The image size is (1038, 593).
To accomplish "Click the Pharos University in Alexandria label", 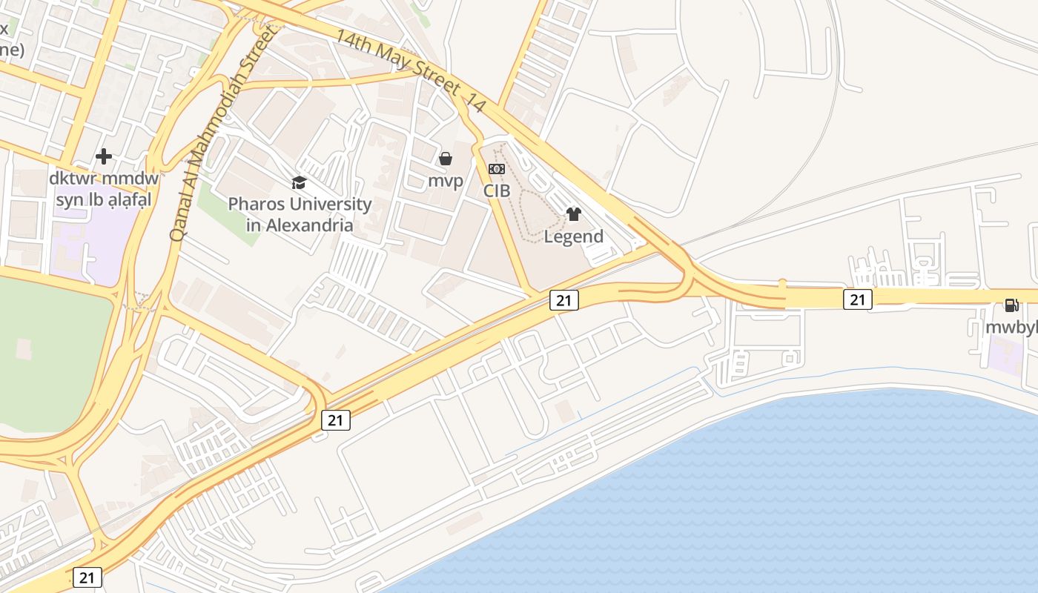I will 300,214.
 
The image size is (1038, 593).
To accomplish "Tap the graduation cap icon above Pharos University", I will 299,182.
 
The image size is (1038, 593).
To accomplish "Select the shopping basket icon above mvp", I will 446,159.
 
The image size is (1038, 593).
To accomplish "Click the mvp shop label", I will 446,181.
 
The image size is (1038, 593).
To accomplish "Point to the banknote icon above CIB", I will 497,169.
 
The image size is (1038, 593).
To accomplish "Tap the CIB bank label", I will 497,191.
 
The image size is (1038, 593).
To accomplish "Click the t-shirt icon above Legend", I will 573,214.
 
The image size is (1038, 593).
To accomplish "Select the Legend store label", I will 573,236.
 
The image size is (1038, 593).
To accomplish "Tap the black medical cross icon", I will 104,156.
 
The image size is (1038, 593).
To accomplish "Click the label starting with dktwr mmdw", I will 104,189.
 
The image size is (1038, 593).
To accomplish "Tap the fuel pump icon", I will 1011,305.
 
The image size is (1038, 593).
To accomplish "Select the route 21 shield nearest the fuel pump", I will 857,299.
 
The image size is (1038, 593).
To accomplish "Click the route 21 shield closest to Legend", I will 563,299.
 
